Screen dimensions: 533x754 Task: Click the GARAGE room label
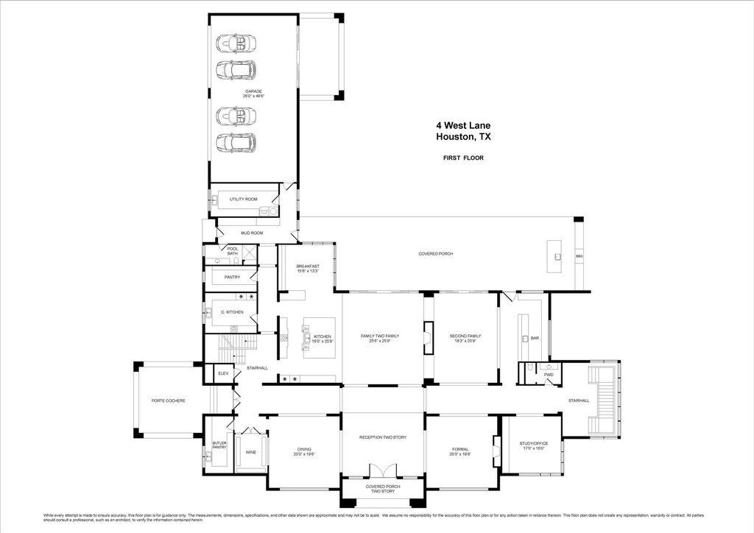(x=253, y=91)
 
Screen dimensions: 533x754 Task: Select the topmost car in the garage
(x=236, y=43)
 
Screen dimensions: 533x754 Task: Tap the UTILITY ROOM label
(x=243, y=200)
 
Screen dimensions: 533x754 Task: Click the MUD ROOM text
(x=252, y=233)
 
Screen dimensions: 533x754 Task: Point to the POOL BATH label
(x=233, y=251)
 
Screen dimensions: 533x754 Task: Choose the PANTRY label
(x=232, y=277)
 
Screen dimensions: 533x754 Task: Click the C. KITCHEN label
(x=232, y=312)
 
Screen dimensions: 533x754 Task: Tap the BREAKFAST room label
(x=307, y=266)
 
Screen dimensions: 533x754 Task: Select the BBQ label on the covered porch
(x=579, y=256)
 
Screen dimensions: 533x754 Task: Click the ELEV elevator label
(x=223, y=374)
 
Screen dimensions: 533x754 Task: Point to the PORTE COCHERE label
(x=168, y=400)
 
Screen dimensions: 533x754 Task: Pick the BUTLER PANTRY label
(x=219, y=445)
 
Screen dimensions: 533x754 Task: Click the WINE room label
(x=250, y=453)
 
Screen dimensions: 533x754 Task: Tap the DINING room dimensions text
(x=304, y=454)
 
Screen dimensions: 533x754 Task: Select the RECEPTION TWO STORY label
(x=382, y=437)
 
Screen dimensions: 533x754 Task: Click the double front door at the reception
(x=382, y=470)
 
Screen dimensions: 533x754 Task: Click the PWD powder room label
(x=549, y=375)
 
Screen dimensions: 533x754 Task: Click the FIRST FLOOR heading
(x=463, y=158)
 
